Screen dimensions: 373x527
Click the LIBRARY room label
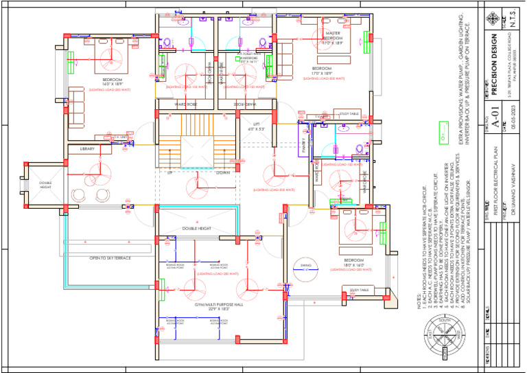pyautogui.click(x=87, y=149)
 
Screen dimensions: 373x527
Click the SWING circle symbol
pyautogui.click(x=305, y=267)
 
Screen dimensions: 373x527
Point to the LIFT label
pyautogui.click(x=255, y=124)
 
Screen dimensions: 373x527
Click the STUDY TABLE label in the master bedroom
pyautogui.click(x=349, y=113)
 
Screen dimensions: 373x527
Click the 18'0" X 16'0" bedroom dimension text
pyautogui.click(x=354, y=264)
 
